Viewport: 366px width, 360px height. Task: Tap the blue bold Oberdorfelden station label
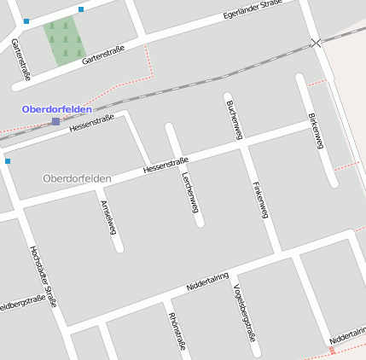[x=56, y=109]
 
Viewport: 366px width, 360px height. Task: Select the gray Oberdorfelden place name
[x=77, y=178]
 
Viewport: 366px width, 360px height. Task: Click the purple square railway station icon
[x=56, y=121]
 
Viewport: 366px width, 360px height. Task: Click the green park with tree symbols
[x=65, y=42]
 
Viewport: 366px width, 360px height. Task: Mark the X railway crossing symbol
[x=317, y=42]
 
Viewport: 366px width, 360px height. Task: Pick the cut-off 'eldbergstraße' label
[x=21, y=303]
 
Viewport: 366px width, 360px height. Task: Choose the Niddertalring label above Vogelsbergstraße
[x=207, y=281]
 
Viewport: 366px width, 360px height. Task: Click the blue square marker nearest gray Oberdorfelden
[x=8, y=160]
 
